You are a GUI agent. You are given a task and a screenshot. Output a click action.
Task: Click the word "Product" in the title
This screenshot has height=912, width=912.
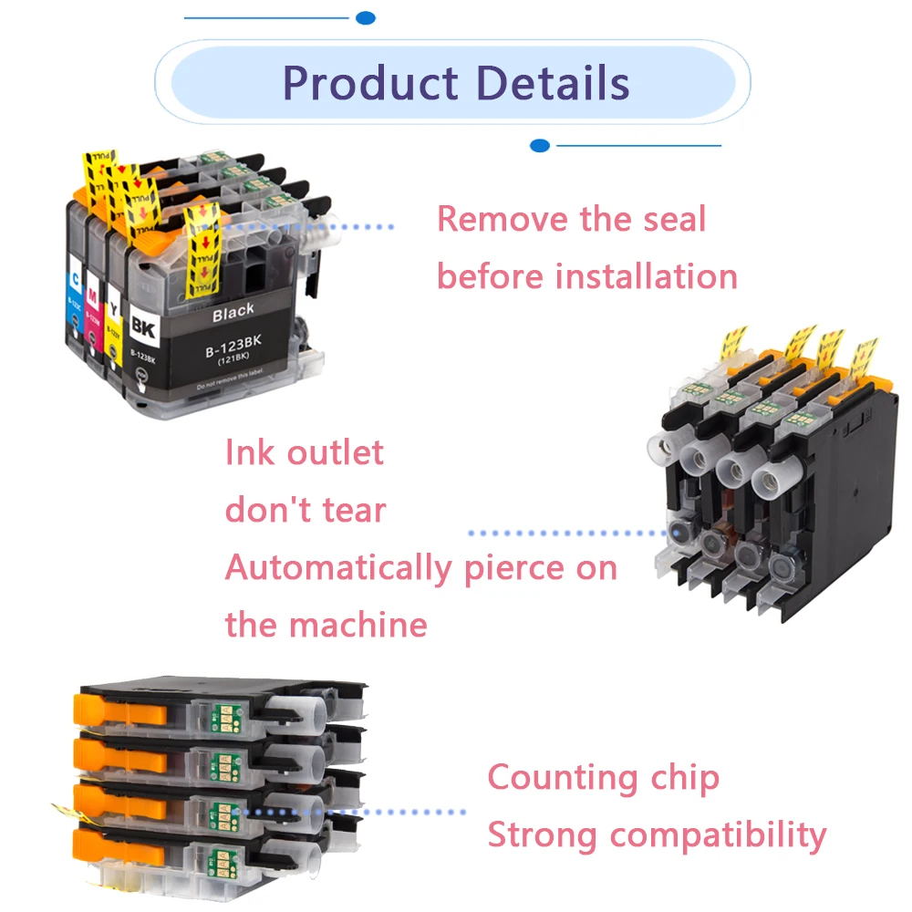(x=371, y=83)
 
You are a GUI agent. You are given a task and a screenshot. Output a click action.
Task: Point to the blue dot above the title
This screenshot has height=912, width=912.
(x=366, y=17)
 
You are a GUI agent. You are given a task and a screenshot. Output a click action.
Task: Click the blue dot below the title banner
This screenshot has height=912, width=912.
(x=540, y=145)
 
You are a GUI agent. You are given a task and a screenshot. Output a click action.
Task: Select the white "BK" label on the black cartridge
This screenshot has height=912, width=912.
(x=144, y=324)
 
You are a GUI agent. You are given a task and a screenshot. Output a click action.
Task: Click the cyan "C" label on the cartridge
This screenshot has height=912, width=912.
(x=74, y=270)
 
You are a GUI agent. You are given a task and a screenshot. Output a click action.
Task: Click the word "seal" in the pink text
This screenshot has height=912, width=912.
(x=673, y=219)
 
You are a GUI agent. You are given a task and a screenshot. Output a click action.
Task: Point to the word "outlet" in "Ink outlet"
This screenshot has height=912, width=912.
(x=343, y=452)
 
